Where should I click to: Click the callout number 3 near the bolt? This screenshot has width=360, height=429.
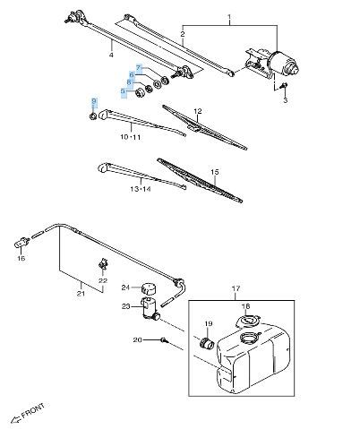286,100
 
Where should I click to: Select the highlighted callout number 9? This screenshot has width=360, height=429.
94,101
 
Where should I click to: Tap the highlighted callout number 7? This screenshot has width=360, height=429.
138,68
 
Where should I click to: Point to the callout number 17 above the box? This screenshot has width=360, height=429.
236,288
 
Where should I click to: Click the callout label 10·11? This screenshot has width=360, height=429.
131,137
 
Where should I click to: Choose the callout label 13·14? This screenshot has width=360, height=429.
141,189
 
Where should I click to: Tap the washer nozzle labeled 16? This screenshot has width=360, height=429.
21,243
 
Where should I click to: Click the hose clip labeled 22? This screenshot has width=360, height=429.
103,263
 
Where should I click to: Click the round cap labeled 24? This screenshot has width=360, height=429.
149,288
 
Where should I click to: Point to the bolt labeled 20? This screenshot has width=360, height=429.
164,339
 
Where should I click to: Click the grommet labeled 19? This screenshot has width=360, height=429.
207,343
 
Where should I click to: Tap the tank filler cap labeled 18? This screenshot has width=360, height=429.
248,322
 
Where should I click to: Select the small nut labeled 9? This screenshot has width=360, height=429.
93,116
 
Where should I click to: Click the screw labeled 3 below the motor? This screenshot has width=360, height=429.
284,86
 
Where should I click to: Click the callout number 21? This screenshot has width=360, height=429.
81,294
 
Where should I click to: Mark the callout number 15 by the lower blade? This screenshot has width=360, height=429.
214,172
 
